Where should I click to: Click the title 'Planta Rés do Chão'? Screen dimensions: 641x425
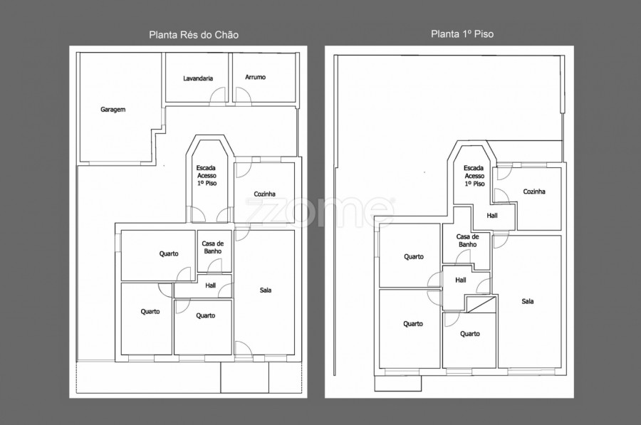pos(194,35)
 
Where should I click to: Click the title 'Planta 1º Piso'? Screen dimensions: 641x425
pos(462,34)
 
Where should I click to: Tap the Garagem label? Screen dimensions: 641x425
pos(113,110)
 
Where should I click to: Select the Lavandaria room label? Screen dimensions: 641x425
pos(198,78)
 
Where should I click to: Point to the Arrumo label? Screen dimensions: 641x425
pos(256,77)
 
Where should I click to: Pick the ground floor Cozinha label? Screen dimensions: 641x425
pos(264,194)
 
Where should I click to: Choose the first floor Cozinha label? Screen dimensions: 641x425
pos(534,191)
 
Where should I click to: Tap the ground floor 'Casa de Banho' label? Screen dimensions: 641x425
pos(212,247)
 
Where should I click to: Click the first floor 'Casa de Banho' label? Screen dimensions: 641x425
pos(467,241)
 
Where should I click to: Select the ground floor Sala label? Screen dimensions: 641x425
pos(266,290)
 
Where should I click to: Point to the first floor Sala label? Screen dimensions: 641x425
pos(527,301)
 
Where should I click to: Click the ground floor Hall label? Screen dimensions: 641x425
pos(211,285)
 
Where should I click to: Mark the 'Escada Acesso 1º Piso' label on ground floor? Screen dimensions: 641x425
pos(207,175)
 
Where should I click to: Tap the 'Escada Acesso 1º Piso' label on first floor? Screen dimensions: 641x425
pos(474,176)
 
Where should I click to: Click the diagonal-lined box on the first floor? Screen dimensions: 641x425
pos(481,305)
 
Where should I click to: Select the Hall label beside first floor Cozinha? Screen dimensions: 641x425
pos(492,216)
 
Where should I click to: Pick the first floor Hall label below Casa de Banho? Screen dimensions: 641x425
pos(461,280)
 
